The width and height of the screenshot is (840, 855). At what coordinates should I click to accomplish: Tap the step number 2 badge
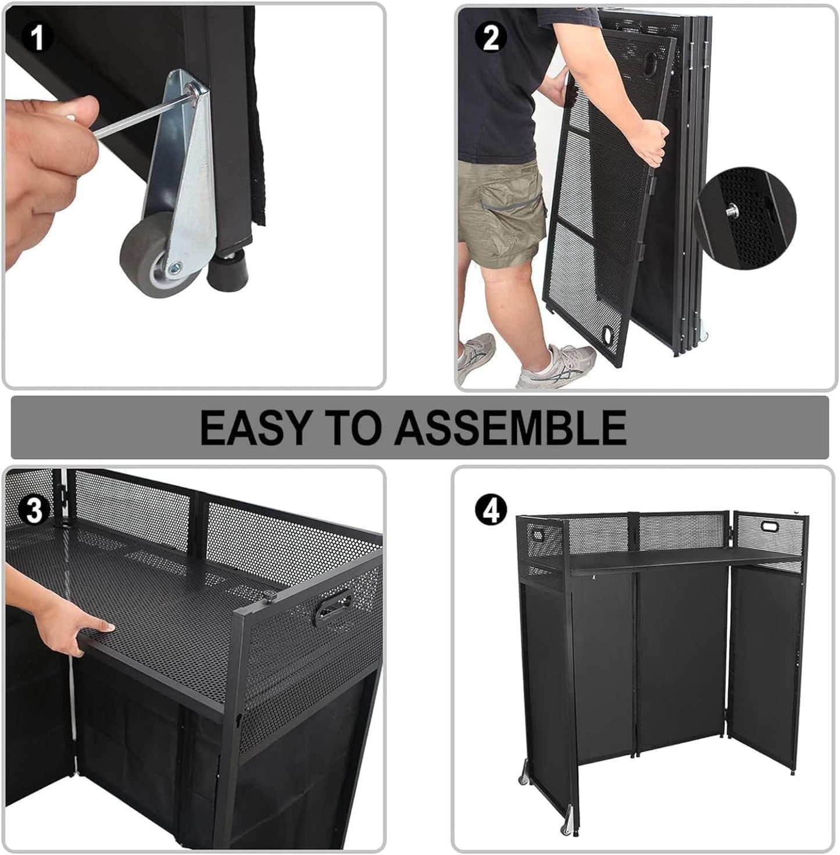pyautogui.click(x=491, y=38)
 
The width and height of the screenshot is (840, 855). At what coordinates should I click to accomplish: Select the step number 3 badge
pyautogui.click(x=34, y=511)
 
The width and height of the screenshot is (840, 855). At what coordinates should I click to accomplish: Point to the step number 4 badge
pyautogui.click(x=491, y=510)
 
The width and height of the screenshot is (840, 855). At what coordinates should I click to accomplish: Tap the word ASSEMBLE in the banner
pyautogui.click(x=510, y=427)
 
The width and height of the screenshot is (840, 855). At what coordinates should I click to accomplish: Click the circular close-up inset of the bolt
pyautogui.click(x=745, y=217)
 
